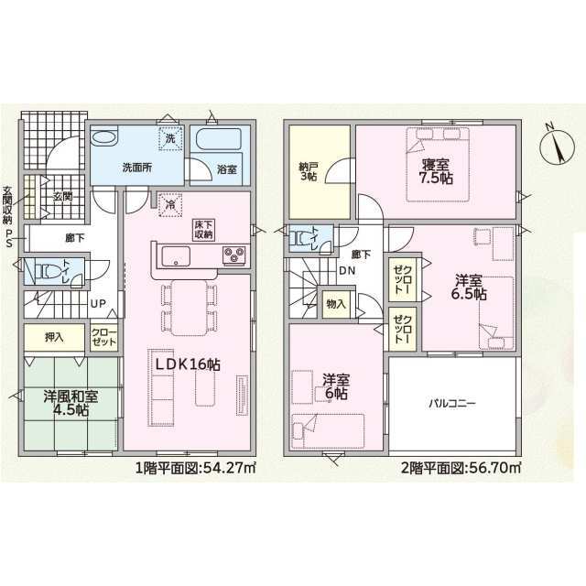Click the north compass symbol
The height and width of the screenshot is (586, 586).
tap(558, 147)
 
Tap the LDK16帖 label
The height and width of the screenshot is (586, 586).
tap(188, 364)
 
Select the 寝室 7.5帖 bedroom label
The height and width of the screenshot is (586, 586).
tap(436, 171)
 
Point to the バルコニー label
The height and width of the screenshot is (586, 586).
tap(451, 404)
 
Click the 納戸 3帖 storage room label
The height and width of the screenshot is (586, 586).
tap(309, 171)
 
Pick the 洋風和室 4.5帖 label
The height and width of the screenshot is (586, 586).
tap(71, 403)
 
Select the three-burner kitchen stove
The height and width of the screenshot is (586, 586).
tap(234, 256)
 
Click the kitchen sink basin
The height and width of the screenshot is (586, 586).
tap(176, 256)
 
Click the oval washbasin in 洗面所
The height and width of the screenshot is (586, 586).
tap(104, 136)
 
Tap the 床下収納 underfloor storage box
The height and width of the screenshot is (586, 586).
tap(204, 230)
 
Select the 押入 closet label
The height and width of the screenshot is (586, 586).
tap(55, 338)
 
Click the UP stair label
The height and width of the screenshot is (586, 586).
tap(98, 304)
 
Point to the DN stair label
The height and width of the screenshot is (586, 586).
tap(347, 271)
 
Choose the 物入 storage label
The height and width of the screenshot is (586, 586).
tap(336, 304)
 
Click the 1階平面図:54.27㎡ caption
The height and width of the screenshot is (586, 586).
tap(195, 468)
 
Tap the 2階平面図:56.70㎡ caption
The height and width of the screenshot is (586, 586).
tap(461, 468)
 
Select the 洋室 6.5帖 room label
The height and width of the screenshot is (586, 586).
tap(469, 288)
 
